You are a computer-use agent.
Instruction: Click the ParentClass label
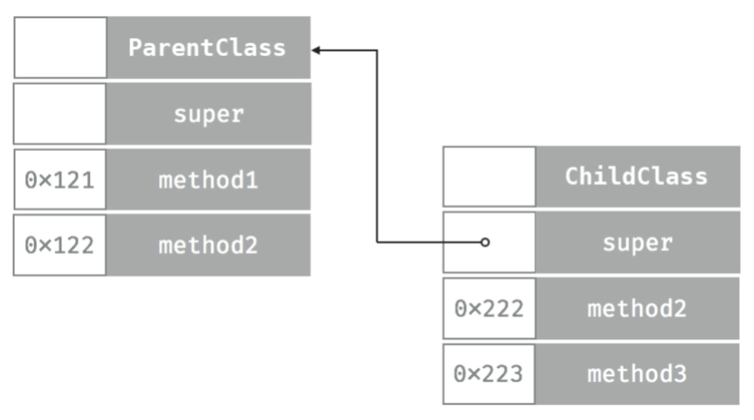[207, 48]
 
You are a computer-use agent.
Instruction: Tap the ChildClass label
[636, 177]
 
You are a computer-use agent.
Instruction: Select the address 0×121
[60, 180]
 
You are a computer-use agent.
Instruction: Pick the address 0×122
[60, 246]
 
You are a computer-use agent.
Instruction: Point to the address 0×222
[489, 309]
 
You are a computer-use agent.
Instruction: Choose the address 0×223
[488, 374]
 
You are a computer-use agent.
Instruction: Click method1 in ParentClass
[208, 180]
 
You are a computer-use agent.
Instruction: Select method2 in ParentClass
[208, 246]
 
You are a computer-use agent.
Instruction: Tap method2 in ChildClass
[637, 309]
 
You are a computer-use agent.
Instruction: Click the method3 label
[637, 374]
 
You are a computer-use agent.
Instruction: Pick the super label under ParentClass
[209, 114]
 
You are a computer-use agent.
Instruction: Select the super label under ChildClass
[638, 243]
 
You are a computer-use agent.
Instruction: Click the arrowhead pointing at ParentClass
[316, 50]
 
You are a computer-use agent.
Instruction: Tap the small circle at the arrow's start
[485, 242]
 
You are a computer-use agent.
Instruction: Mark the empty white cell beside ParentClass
[60, 48]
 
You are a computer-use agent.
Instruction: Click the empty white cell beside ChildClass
[489, 177]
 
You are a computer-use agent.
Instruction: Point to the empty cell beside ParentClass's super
[60, 114]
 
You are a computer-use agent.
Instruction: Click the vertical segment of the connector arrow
[377, 148]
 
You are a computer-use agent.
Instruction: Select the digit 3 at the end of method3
[680, 374]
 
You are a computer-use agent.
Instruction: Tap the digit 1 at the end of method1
[251, 180]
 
